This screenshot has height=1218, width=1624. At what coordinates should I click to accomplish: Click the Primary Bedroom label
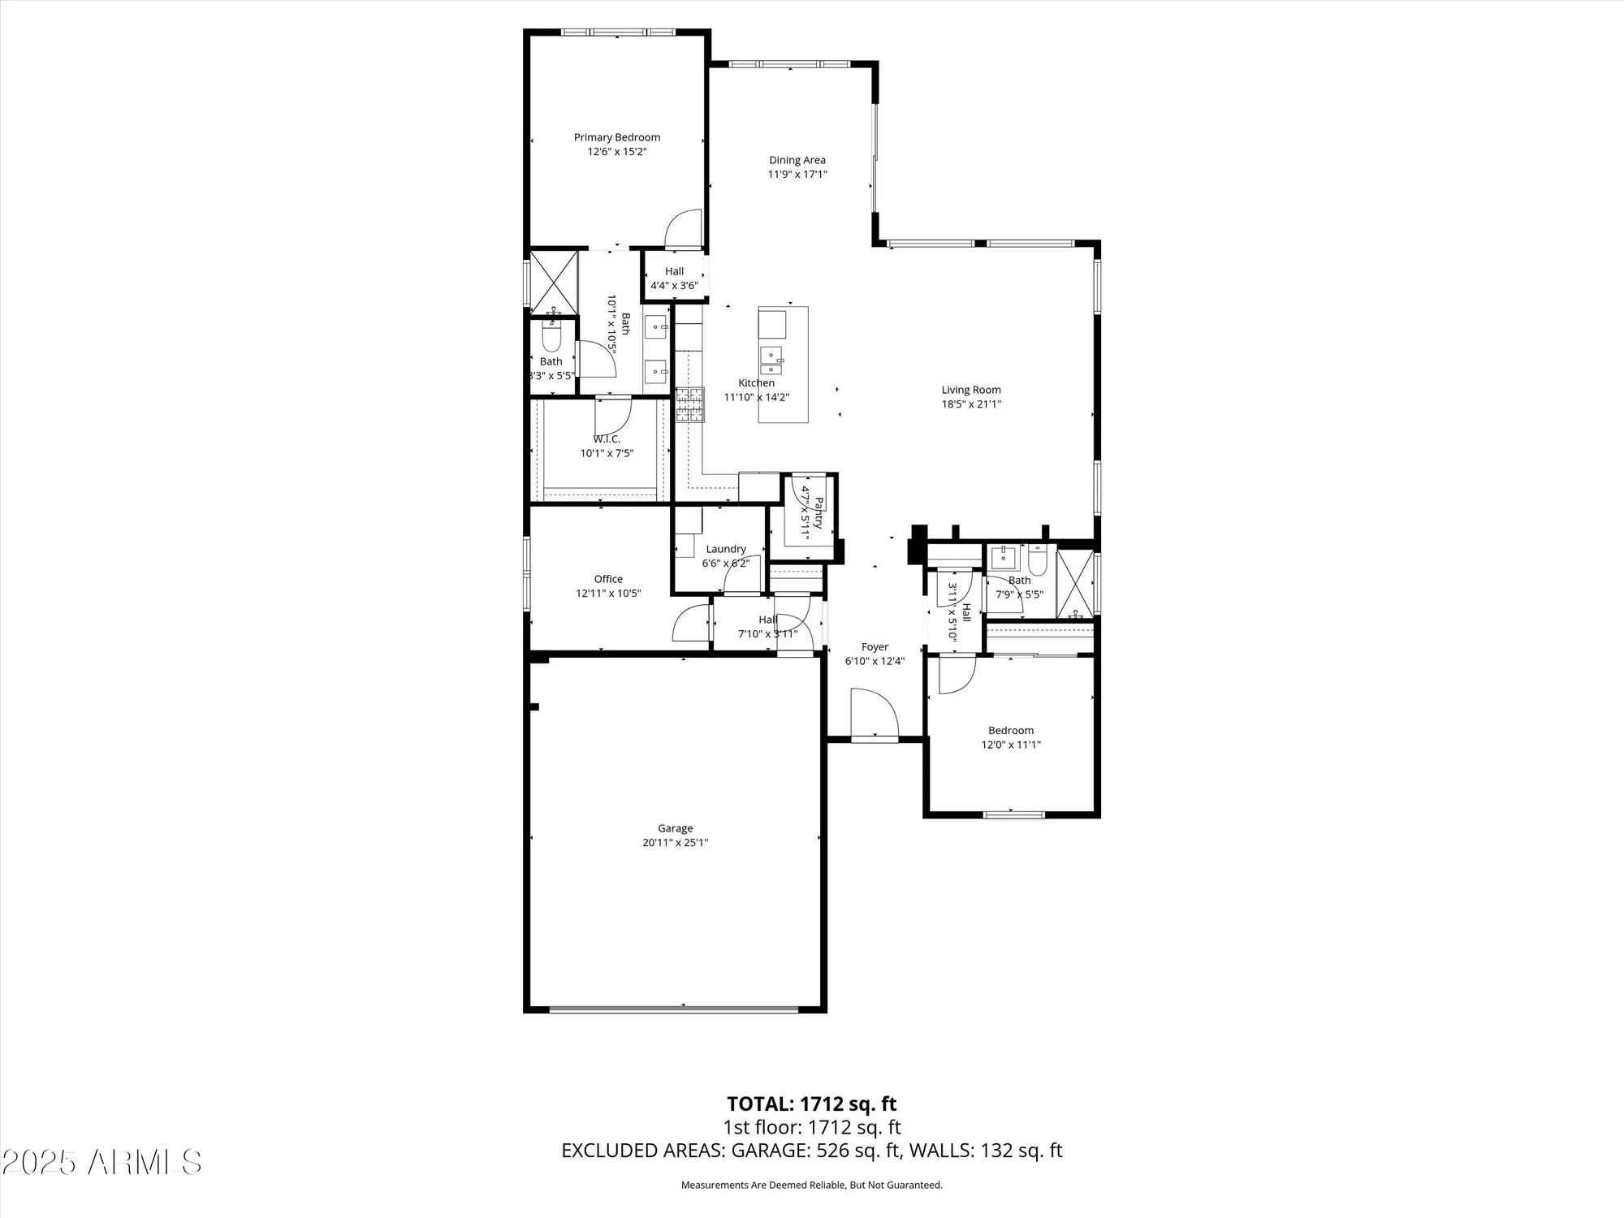tap(616, 137)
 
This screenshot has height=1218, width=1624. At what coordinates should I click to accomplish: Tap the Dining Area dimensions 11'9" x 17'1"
tap(797, 175)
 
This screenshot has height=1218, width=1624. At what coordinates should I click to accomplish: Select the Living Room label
tap(971, 390)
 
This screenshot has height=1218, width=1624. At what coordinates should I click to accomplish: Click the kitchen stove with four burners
tap(690, 405)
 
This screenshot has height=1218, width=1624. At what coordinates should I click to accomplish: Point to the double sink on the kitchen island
tap(771, 358)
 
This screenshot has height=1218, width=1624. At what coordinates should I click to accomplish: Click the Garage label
tap(675, 828)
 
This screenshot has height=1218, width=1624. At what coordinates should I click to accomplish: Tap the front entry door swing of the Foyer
tap(875, 715)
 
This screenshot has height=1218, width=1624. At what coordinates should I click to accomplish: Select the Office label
tap(608, 579)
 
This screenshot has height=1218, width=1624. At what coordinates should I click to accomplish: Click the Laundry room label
tap(725, 549)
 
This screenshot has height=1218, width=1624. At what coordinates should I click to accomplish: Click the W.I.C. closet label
tap(606, 439)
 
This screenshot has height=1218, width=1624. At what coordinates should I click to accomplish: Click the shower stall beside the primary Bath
tap(553, 283)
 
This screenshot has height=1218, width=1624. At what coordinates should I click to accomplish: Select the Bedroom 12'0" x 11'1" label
tap(1011, 730)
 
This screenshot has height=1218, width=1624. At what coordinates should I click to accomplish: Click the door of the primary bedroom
tap(684, 229)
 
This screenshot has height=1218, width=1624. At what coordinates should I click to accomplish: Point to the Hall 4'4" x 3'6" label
tap(674, 271)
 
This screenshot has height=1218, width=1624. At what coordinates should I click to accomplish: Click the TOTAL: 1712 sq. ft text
tap(811, 1104)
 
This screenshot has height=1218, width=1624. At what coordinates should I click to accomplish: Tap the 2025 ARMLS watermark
tap(101, 1162)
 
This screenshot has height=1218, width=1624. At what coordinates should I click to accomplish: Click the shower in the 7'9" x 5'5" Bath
tap(1074, 584)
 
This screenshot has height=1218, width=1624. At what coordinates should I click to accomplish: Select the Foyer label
tap(875, 647)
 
